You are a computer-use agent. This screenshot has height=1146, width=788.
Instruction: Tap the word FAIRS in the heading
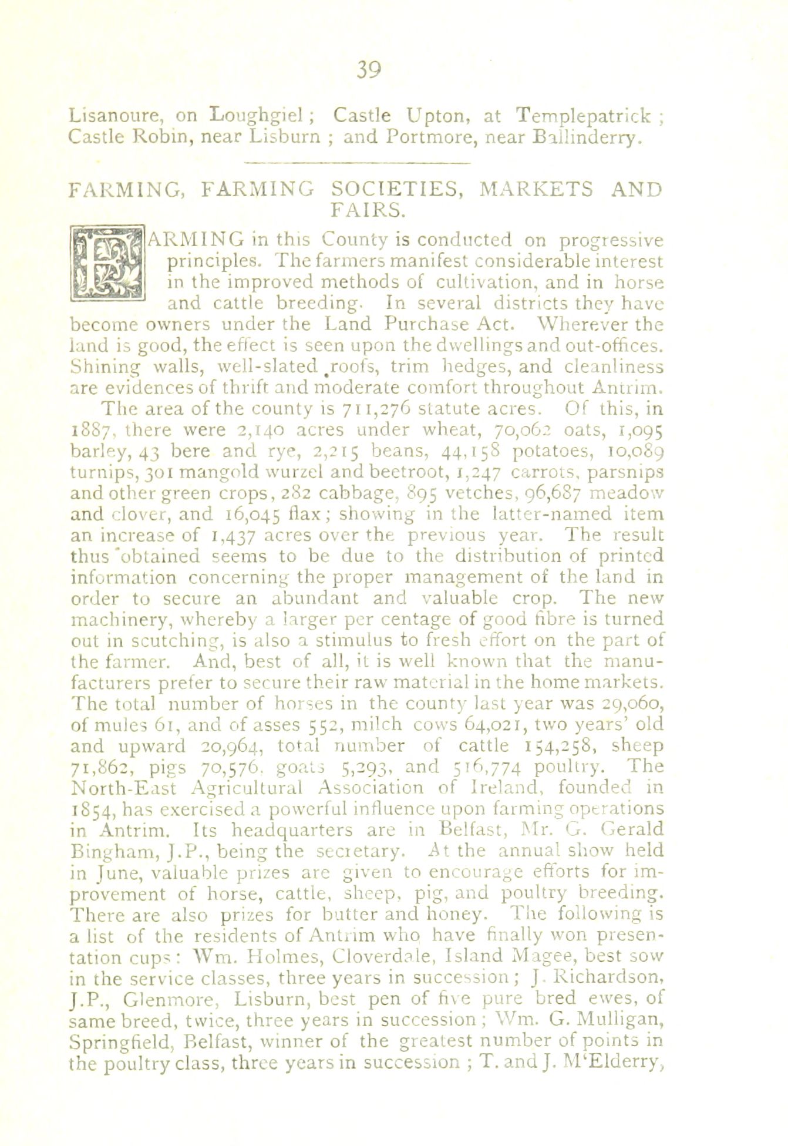(x=366, y=209)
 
